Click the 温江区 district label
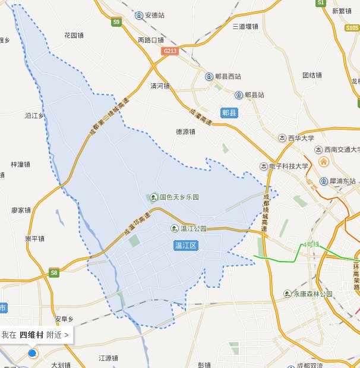click(188, 245)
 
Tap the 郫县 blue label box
click(229, 112)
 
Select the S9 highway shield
click(116, 22)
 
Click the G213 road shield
click(170, 51)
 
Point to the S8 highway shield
click(55, 273)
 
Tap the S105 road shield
click(352, 27)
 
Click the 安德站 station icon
click(139, 15)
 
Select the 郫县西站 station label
click(228, 77)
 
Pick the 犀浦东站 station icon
click(323, 181)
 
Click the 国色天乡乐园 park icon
click(153, 197)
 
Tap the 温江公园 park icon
click(175, 228)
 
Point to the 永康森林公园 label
click(312, 294)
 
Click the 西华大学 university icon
click(282, 138)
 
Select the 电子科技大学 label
click(288, 166)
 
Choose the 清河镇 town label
click(160, 86)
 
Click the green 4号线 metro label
click(310, 244)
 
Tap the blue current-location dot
click(33, 353)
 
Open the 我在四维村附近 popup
click(36, 335)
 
